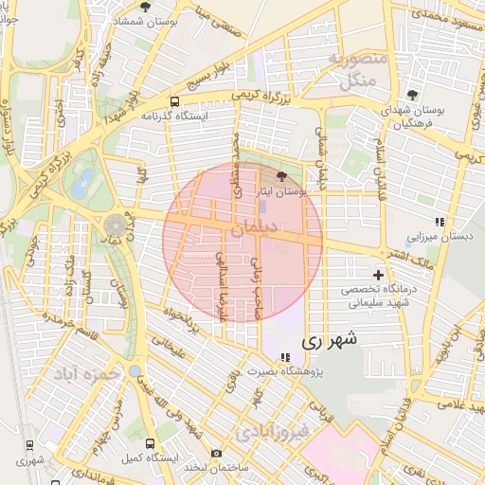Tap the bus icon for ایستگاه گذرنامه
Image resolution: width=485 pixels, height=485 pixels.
coord(174,101)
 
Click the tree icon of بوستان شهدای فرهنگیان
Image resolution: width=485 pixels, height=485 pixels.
coord(412,94)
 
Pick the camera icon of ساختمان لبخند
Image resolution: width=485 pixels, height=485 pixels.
coord(217,454)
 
